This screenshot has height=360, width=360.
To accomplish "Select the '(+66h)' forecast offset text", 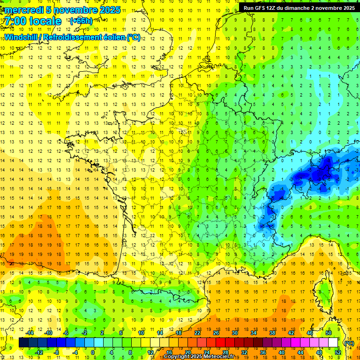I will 81,21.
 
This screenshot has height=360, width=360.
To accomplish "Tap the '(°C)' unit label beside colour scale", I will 349,343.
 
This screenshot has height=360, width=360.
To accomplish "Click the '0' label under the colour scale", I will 93,352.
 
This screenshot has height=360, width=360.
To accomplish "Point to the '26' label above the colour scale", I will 216,333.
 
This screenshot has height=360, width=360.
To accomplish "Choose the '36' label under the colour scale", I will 263,352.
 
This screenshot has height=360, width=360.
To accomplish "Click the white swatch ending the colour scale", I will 333,343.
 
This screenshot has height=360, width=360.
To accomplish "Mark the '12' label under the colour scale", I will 150,352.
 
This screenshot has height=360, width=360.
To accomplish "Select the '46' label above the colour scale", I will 310,333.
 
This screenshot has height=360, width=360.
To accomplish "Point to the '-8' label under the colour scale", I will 56,352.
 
